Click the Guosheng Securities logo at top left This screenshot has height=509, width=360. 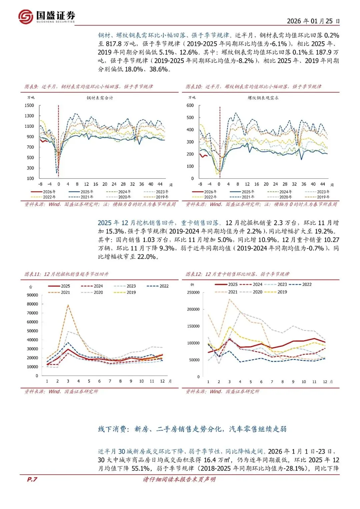click(47, 16)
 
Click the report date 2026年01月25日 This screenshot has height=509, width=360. click(313, 21)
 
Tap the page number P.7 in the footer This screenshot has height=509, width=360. click(32, 479)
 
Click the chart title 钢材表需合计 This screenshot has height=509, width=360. click(100, 98)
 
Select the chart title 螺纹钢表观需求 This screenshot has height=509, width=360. click(263, 98)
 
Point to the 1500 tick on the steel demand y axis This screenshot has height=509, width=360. click(29, 105)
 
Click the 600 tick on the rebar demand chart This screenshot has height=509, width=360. click(190, 105)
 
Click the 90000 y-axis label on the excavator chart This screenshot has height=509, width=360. click(32, 295)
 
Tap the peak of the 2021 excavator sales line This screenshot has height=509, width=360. click(68, 305)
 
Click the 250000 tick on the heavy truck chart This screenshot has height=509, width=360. click(193, 293)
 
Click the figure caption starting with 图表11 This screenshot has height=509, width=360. click(67, 274)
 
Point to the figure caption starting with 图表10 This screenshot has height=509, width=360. click(253, 87)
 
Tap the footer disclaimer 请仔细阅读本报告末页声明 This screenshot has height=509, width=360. click(179, 479)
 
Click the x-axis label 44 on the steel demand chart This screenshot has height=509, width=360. click(160, 184)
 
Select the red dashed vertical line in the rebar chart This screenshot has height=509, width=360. click(220, 140)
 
